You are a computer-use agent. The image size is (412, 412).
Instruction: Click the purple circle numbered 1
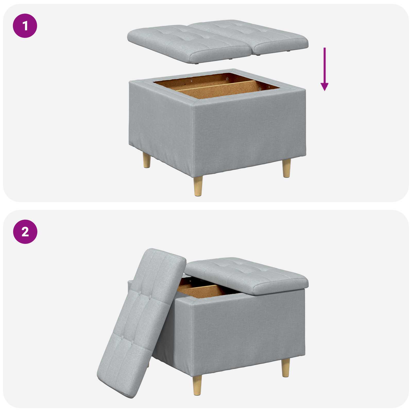[25, 26]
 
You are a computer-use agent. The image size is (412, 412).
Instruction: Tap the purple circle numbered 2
[25, 232]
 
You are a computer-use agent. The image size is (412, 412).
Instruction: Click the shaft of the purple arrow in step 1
[324, 64]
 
